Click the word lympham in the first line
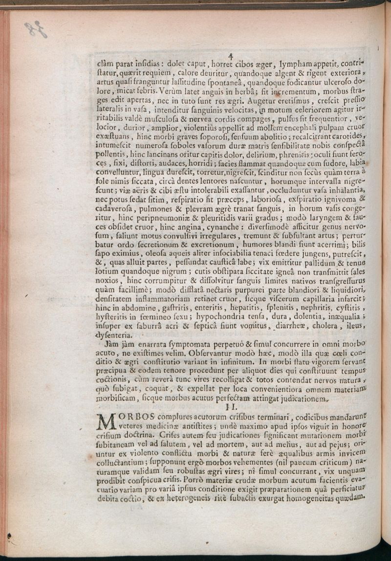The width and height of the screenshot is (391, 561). [x=299, y=64]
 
